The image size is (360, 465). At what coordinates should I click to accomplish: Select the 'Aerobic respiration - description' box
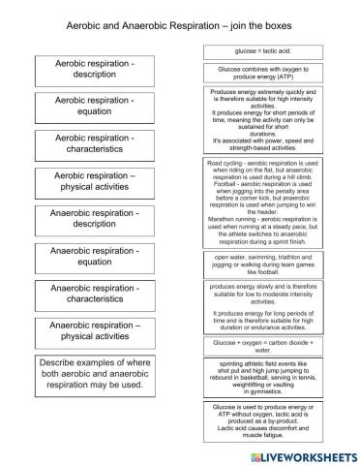pos(94,70)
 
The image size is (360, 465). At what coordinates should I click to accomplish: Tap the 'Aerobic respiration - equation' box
pos(94,106)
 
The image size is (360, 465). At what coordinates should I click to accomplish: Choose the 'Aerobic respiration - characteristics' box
pos(94,144)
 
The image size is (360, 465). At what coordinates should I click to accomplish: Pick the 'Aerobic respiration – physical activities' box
pos(94,181)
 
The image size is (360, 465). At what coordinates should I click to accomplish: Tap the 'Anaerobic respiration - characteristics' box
pos(94,293)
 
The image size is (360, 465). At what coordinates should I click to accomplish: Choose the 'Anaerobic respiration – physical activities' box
pos(94,331)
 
